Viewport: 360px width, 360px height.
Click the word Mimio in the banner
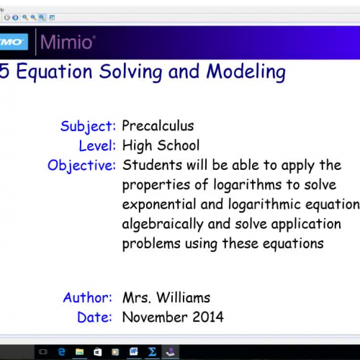point(67,42)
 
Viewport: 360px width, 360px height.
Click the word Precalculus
point(158,126)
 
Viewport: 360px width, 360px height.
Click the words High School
point(161,145)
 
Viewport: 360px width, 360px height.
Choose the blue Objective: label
point(81,166)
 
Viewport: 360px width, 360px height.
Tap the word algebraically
point(162,224)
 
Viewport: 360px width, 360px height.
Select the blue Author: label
point(87,297)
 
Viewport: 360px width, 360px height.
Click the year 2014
point(208,316)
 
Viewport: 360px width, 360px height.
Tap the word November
point(153,316)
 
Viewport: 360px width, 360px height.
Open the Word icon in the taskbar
point(134,351)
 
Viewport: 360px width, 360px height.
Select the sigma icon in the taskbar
point(152,351)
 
